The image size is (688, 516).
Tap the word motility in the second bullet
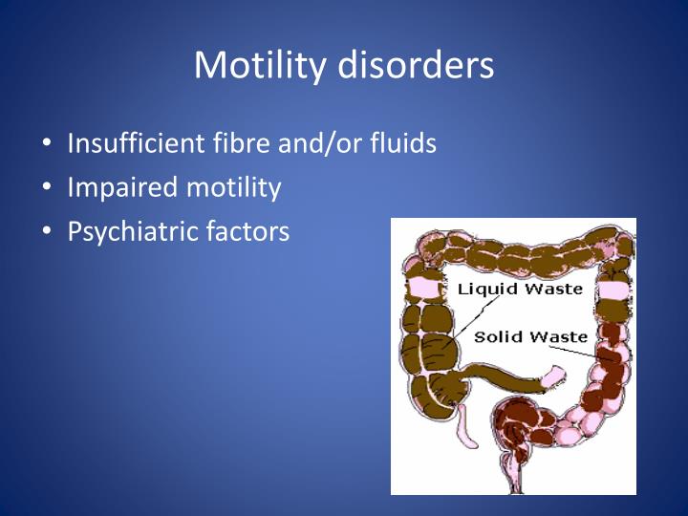click(232, 187)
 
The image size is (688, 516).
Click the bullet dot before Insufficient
click(48, 144)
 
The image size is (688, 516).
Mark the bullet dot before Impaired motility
click(48, 188)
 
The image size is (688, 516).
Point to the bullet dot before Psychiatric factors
click(48, 232)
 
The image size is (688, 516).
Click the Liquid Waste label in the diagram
click(520, 289)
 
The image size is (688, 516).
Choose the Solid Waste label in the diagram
click(530, 336)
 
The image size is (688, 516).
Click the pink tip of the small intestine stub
click(553, 376)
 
